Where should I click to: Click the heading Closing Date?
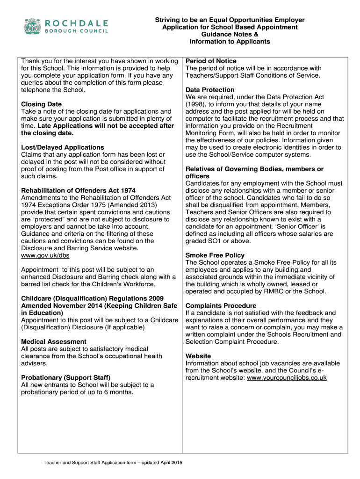coord(42,104)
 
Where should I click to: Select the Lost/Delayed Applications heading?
coord(63,147)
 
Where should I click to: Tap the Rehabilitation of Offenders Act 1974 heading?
coord(79,191)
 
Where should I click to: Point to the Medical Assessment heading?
coord(54,342)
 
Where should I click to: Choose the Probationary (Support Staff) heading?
coord(65,378)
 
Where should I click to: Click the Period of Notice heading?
coord(211,61)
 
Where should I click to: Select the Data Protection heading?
coord(210,90)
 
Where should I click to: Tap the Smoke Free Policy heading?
coord(215,255)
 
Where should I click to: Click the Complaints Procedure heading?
coord(221,306)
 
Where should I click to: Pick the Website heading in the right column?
coord(198,356)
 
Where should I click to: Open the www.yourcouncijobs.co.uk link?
coord(287,378)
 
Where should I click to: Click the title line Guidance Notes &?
coord(230,35)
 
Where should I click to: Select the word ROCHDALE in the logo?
coord(77,23)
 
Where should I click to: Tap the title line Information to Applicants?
coord(230,42)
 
